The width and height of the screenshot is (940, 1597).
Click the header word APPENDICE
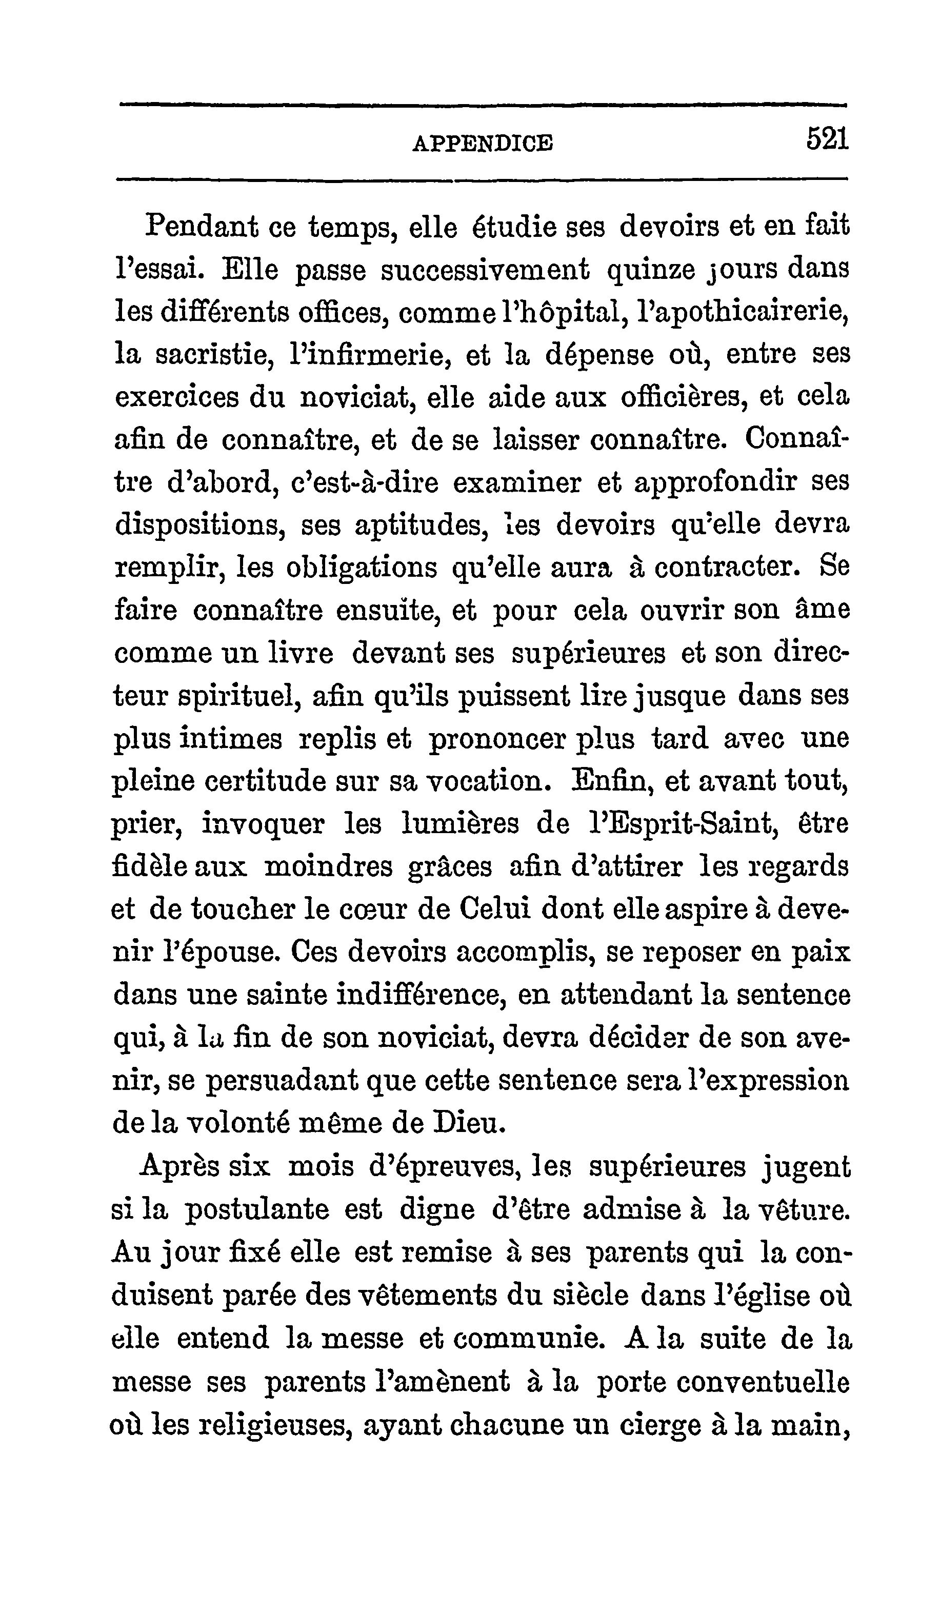(x=483, y=143)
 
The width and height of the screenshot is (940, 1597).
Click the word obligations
(x=362, y=569)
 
